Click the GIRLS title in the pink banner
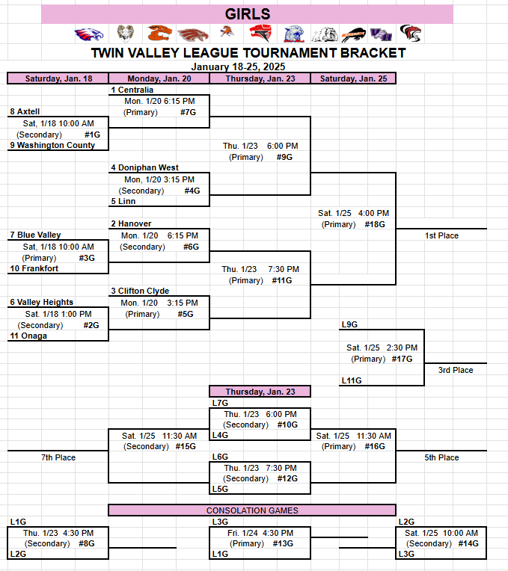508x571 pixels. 248,14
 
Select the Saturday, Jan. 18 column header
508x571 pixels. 58,78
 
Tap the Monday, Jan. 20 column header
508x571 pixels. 159,78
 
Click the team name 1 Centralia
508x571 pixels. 132,90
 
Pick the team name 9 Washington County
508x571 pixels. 52,145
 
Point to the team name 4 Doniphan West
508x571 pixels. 144,168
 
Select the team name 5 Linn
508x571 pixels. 123,201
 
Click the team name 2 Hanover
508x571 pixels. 131,223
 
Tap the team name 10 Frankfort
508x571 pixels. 34,268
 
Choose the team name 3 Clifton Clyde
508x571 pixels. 140,291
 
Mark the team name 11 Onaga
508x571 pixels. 28,336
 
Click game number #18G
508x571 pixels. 375,224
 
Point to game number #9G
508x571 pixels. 284,157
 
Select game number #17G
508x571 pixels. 403,359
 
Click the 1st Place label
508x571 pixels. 441,235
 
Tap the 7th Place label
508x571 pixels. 58,457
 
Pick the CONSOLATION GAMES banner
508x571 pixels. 252,510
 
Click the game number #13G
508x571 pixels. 284,544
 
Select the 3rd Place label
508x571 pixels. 456,370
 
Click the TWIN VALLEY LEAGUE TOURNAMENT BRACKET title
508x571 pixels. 248,53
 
